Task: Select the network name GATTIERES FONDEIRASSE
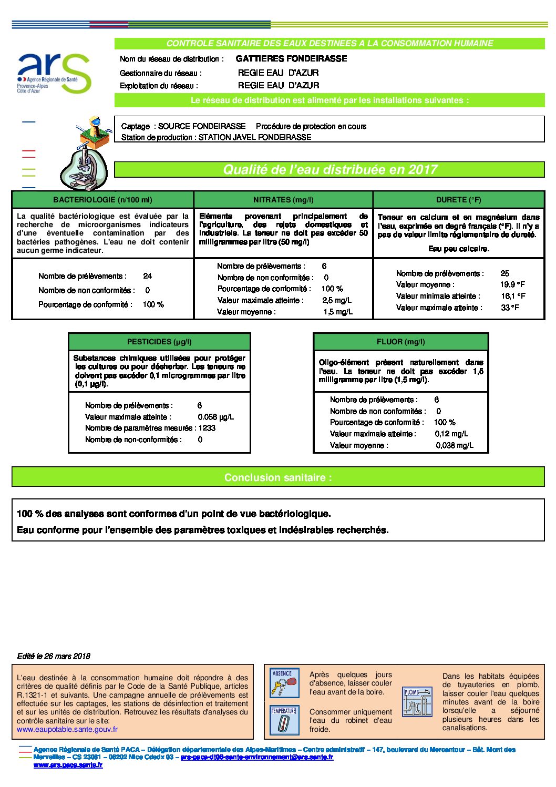pyautogui.click(x=291, y=59)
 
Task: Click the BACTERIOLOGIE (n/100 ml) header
pyautogui.click(x=102, y=200)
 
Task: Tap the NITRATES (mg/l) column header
pyautogui.click(x=283, y=200)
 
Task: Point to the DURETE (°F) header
pyautogui.click(x=458, y=200)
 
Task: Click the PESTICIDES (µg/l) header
pyautogui.click(x=159, y=342)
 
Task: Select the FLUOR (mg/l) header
pyautogui.click(x=400, y=342)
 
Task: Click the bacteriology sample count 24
pyautogui.click(x=148, y=276)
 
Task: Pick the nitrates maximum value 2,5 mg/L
pyautogui.click(x=337, y=300)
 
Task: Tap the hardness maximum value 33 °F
pyautogui.click(x=510, y=308)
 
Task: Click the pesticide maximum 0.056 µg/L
pyautogui.click(x=215, y=417)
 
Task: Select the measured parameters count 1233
pyautogui.click(x=207, y=428)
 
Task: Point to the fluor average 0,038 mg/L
pyautogui.click(x=455, y=445)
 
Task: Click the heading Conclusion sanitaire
pyautogui.click(x=278, y=477)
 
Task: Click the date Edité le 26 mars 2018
pyautogui.click(x=54, y=656)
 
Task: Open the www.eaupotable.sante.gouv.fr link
pyautogui.click(x=67, y=729)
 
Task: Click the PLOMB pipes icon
pyautogui.click(x=417, y=701)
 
